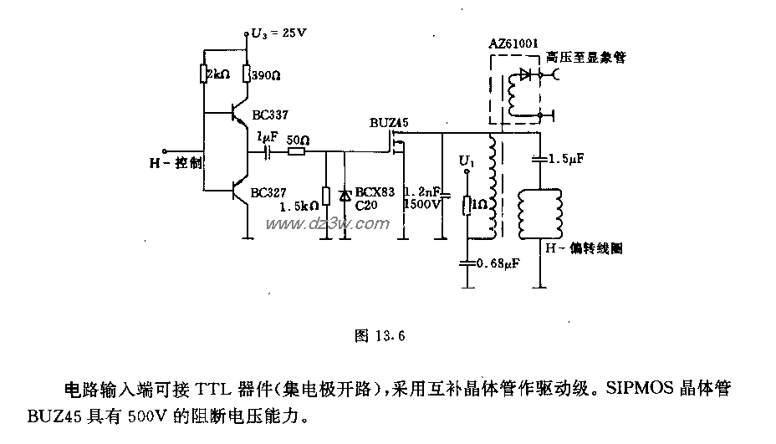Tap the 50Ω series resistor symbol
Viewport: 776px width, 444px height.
pyautogui.click(x=295, y=153)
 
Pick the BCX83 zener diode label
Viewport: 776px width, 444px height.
pyautogui.click(x=374, y=192)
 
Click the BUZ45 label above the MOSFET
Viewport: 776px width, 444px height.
pyautogui.click(x=389, y=123)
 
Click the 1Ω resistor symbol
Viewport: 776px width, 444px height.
pyautogui.click(x=467, y=203)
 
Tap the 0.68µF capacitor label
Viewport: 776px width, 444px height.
pyautogui.click(x=497, y=263)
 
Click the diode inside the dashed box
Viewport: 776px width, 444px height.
pyautogui.click(x=526, y=74)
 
